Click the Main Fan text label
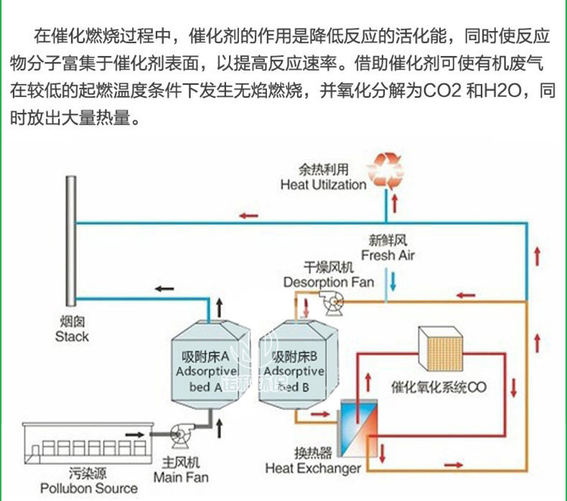coord(181,470)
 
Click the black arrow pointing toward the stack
coord(164,288)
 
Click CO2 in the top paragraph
coord(439,92)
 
